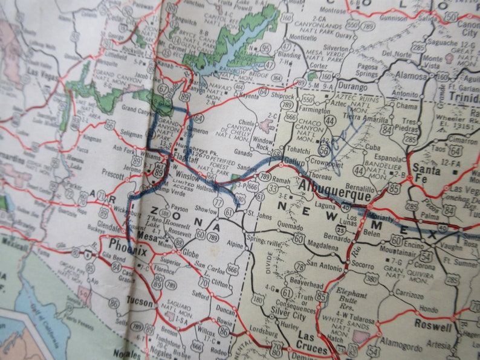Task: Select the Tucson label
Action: point(140,301)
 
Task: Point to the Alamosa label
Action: point(411,76)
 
